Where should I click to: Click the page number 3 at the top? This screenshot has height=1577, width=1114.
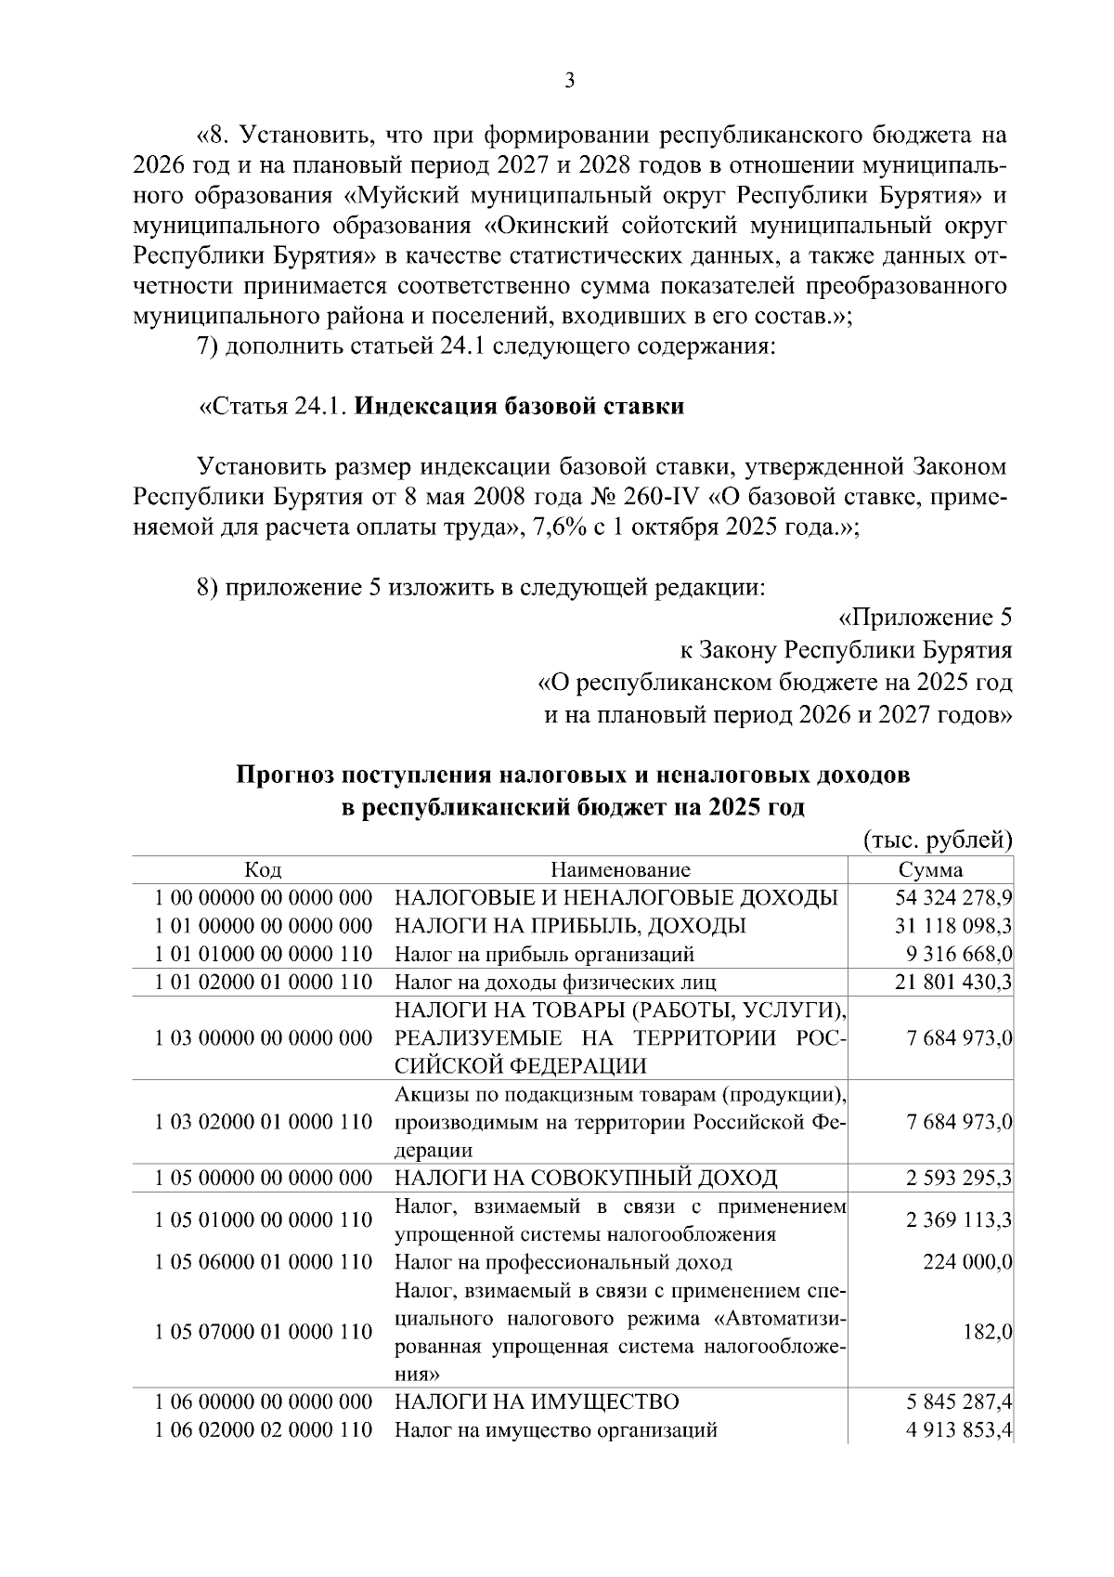[570, 82]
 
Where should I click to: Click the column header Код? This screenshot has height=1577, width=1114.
[263, 870]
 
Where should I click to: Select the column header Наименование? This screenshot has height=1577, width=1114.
[620, 870]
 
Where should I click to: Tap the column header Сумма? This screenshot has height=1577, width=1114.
[930, 870]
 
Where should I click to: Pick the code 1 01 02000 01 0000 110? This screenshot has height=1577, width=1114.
[263, 982]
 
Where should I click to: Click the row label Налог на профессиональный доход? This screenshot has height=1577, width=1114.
[563, 1262]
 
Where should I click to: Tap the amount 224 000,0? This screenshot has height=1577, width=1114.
[966, 1262]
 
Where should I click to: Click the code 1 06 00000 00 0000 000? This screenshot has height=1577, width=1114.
[263, 1401]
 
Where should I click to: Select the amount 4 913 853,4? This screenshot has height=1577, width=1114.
[958, 1430]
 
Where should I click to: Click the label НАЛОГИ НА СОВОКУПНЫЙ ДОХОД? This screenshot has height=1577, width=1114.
[586, 1179]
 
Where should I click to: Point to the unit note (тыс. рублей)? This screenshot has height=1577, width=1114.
[938, 841]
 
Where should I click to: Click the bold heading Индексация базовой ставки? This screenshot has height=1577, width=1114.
[520, 407]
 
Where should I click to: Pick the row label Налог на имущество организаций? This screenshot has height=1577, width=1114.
[556, 1430]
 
